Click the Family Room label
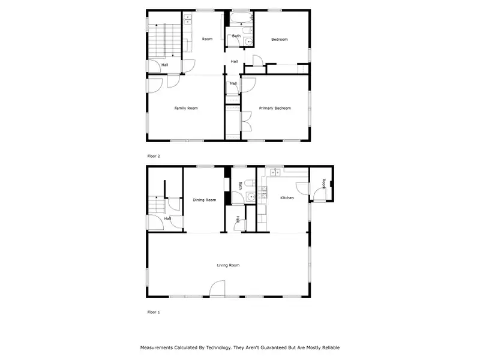186,108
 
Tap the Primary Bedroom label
275,108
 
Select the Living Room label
228,265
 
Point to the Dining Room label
204,200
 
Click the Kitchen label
287,198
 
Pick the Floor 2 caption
154,156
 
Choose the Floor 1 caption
154,312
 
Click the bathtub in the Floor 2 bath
241,18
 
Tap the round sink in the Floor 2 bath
249,41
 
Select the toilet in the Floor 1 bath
250,183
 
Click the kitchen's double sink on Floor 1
275,173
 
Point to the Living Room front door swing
217,289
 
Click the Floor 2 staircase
164,40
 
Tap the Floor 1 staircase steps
157,205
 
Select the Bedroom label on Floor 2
279,39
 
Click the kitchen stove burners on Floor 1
262,193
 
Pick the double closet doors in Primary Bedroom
247,122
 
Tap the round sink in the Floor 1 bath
251,197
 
